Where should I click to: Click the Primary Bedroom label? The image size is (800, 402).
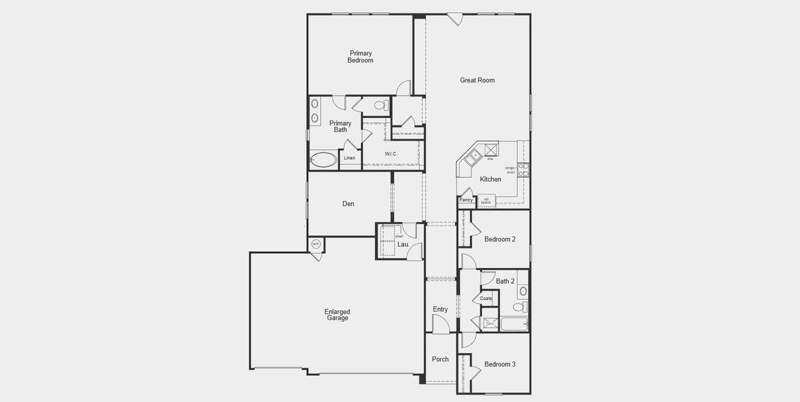click(x=360, y=57)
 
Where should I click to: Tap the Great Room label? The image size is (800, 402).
click(x=477, y=80)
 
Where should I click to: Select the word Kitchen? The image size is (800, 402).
click(x=490, y=180)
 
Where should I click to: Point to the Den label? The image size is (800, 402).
click(x=348, y=204)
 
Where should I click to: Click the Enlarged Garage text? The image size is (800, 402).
click(x=337, y=315)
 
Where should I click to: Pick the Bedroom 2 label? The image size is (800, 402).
click(x=500, y=240)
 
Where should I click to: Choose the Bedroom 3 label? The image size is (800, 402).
click(x=500, y=364)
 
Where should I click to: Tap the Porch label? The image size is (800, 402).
click(x=440, y=360)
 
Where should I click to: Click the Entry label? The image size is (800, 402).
click(x=440, y=310)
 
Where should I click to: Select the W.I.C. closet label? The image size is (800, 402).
click(x=391, y=154)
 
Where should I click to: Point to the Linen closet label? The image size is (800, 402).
click(x=350, y=158)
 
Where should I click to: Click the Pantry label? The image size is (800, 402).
click(x=466, y=200)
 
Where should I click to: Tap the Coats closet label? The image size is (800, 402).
click(x=486, y=299)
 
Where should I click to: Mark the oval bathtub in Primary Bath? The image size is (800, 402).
click(x=324, y=160)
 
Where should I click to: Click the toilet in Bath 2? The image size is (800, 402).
click(x=519, y=307)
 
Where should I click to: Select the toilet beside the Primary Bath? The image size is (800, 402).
click(x=381, y=105)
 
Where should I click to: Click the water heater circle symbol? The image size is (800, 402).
click(x=316, y=245)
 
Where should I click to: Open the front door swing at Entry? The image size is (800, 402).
click(x=440, y=324)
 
